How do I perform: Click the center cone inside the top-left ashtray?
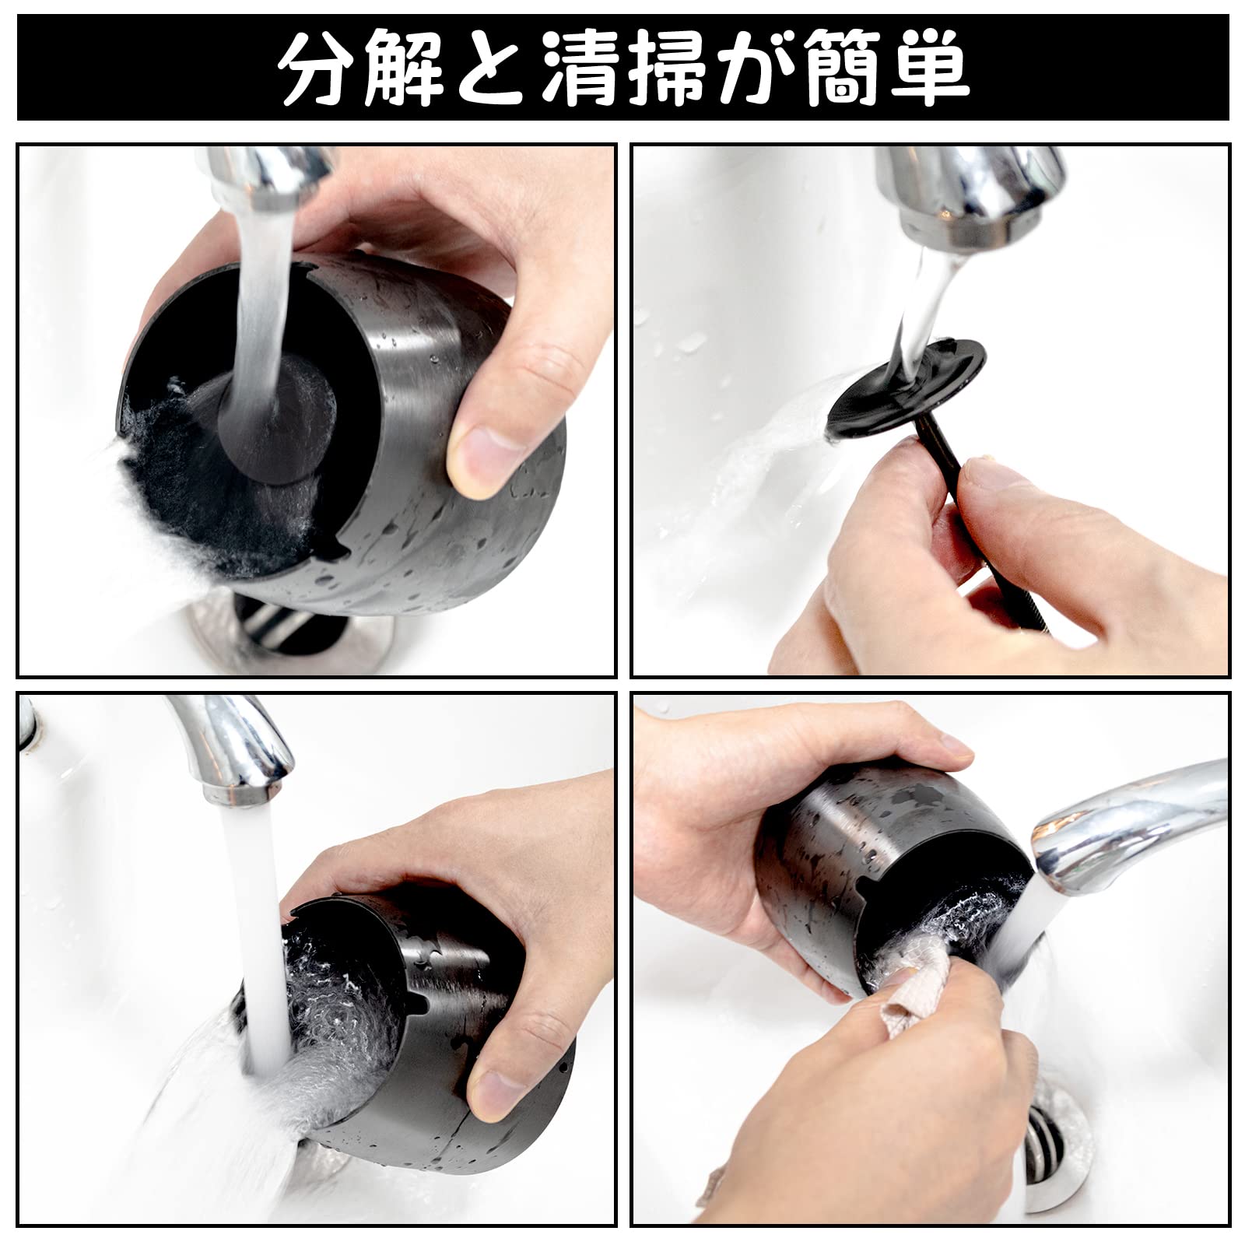[272, 420]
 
